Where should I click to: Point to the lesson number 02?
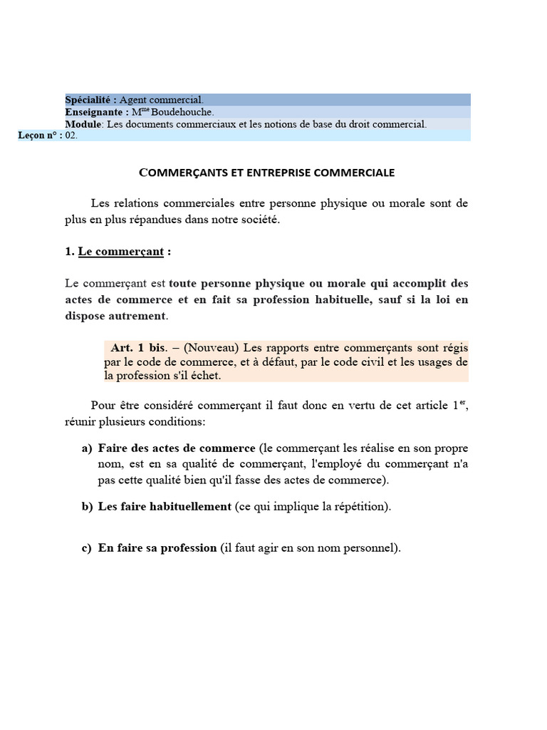(x=71, y=135)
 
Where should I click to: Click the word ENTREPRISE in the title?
(x=274, y=173)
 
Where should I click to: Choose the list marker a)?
(x=87, y=448)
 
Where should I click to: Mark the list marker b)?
(x=87, y=507)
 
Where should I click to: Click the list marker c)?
(x=87, y=548)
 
